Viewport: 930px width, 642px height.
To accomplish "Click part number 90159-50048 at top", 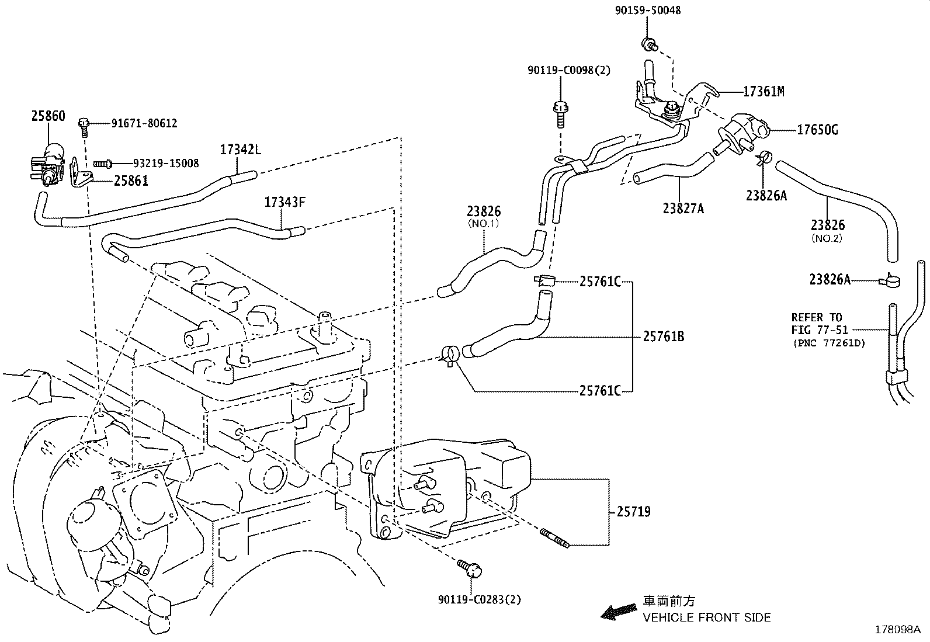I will tap(647, 11).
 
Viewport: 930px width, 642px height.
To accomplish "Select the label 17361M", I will tap(764, 92).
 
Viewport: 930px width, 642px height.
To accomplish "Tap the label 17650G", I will tap(817, 130).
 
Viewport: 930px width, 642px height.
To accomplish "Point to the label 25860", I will tap(48, 116).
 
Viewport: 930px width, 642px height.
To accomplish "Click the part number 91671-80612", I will tap(144, 123).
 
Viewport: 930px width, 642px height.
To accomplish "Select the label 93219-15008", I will tap(165, 163).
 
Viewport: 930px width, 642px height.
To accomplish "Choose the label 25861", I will tap(131, 181).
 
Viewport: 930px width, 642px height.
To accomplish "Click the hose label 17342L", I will tap(240, 150).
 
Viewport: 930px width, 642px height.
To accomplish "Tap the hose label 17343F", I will tap(285, 203).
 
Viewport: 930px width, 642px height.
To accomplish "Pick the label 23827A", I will tap(683, 207).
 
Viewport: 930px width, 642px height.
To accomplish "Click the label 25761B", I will tap(664, 336).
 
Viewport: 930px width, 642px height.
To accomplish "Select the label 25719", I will tap(633, 512).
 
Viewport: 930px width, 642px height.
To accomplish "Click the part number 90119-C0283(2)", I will tap(479, 599).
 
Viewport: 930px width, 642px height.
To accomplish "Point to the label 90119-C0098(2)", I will tap(568, 70).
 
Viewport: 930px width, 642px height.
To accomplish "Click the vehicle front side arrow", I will tap(620, 611).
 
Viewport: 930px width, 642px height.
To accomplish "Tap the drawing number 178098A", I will tap(897, 630).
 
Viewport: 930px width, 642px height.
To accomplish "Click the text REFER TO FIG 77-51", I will tap(817, 323).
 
